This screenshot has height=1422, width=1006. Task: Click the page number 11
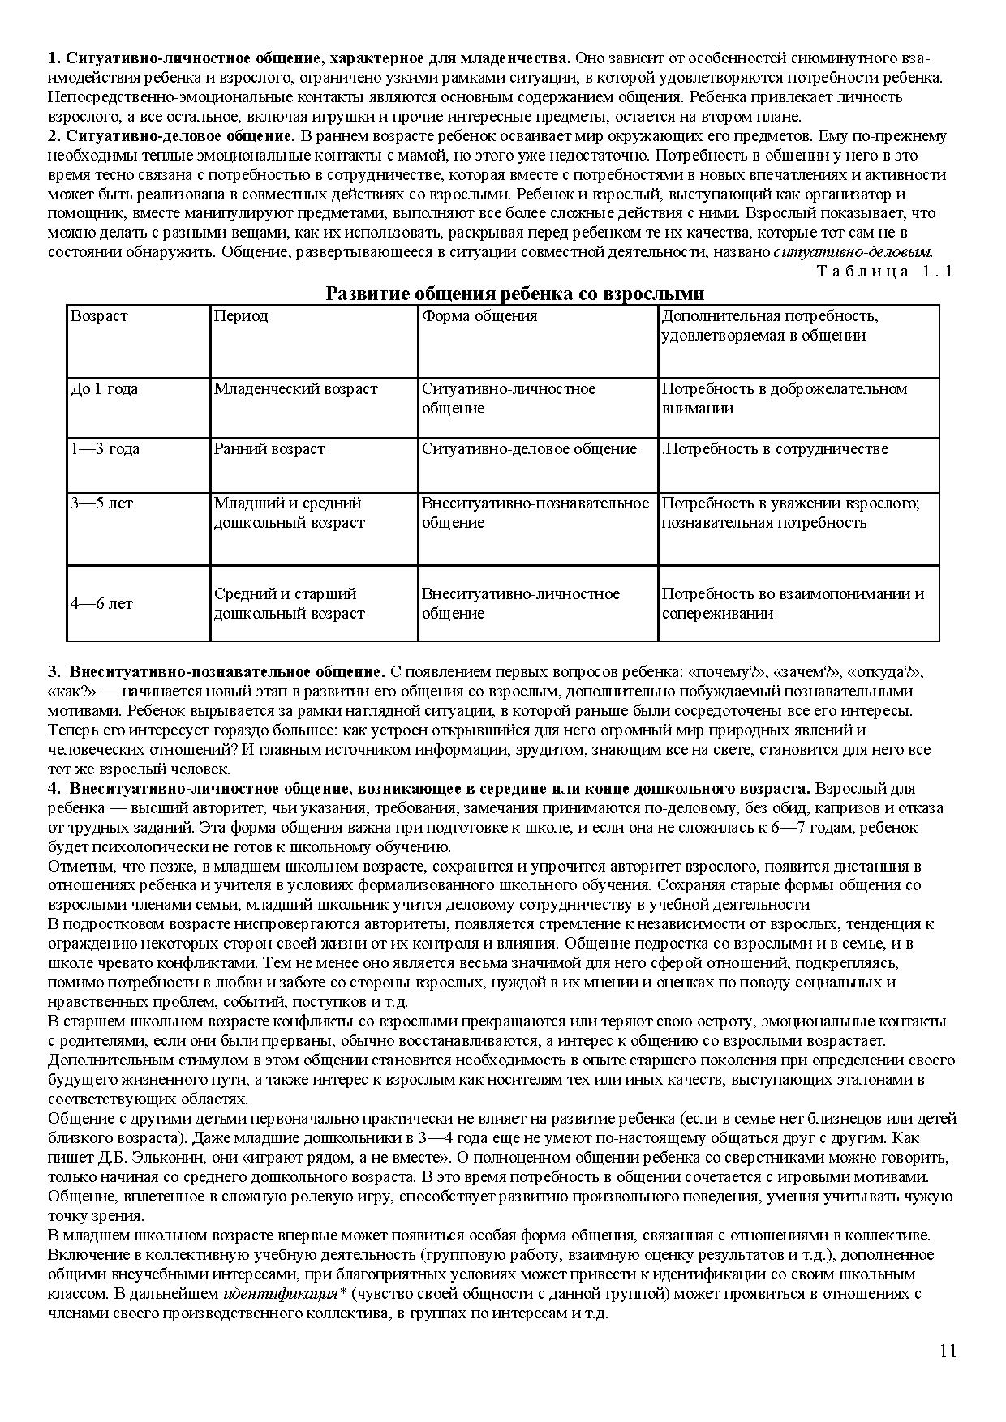coord(948,1351)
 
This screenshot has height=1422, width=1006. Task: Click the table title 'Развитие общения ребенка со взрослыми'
coord(514,293)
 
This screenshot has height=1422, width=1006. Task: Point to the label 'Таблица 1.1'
coord(885,272)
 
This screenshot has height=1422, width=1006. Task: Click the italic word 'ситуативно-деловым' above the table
coord(853,252)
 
